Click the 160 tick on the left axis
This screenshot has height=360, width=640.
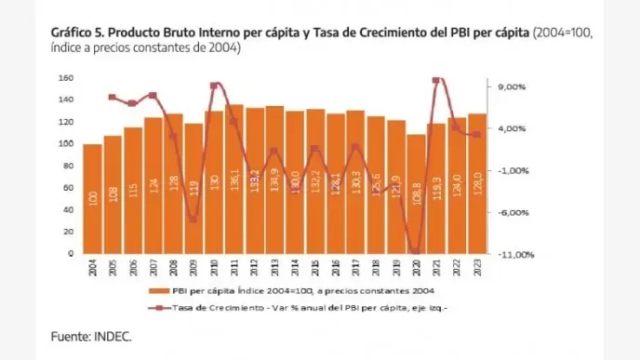[x=66, y=78]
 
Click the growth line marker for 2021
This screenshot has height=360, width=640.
[x=436, y=80]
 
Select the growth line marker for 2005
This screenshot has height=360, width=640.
[x=113, y=97]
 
